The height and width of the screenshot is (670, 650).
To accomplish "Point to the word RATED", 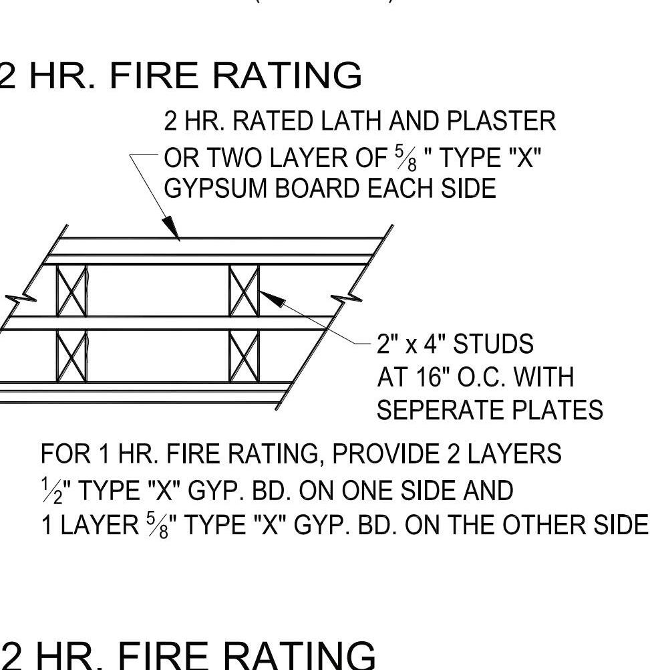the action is click(278, 122).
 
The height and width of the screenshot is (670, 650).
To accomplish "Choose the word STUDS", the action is click(494, 344).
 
